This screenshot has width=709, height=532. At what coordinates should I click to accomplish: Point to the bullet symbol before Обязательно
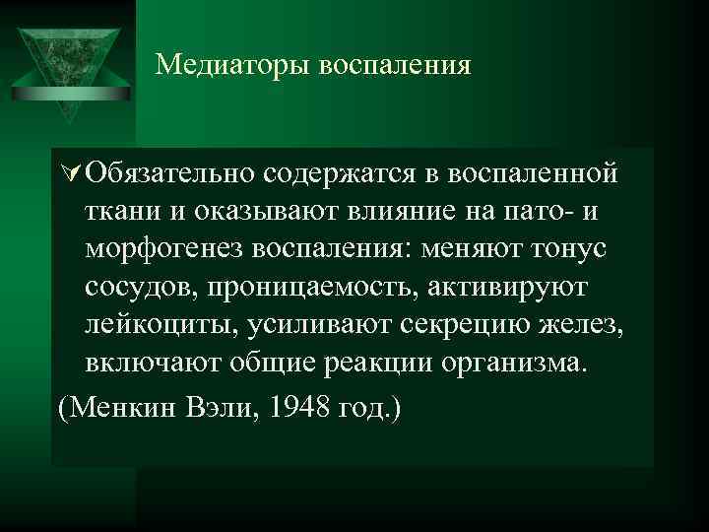[69, 174]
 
